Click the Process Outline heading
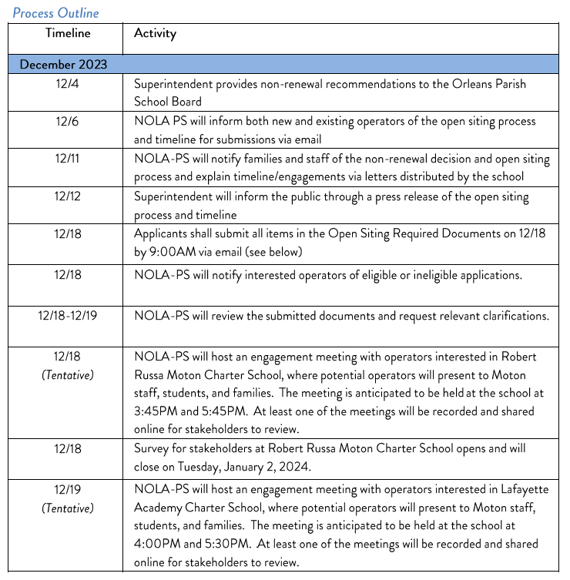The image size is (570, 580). pyautogui.click(x=55, y=12)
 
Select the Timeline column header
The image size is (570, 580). pyautogui.click(x=68, y=33)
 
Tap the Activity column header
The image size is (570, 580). pyautogui.click(x=155, y=33)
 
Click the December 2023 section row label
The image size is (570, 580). pyautogui.click(x=64, y=65)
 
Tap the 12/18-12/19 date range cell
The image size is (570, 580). pyautogui.click(x=68, y=315)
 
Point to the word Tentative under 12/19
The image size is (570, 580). pyautogui.click(x=68, y=508)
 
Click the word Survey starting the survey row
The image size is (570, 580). pyautogui.click(x=153, y=448)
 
